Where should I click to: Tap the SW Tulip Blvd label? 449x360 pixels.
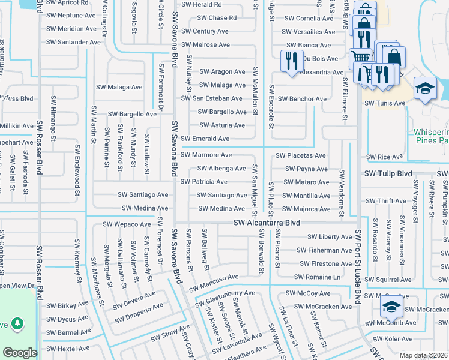point(388,173)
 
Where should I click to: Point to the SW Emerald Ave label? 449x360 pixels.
point(205,139)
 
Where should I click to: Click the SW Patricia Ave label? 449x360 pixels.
point(203,182)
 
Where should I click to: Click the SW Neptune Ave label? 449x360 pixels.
point(71,15)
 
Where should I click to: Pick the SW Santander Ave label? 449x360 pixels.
point(73,42)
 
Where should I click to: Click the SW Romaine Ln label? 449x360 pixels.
point(317,277)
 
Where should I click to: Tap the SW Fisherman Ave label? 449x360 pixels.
point(324,250)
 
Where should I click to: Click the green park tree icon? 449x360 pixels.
point(17,324)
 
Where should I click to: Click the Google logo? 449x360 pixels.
point(20,353)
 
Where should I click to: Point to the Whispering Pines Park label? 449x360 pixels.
point(431,136)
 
